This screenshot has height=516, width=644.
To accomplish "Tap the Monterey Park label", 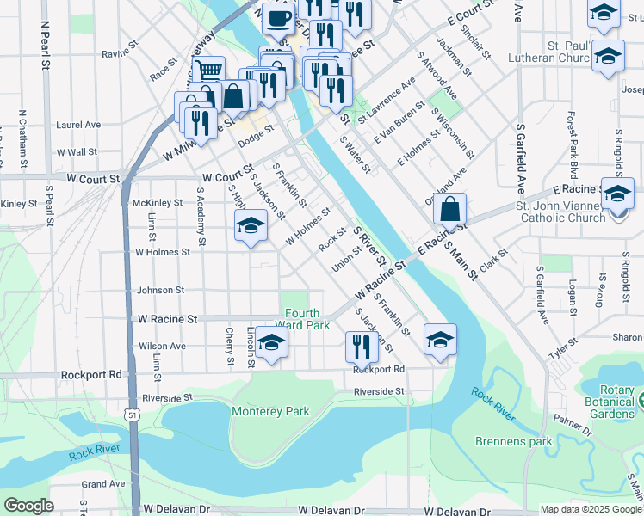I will click(270, 411).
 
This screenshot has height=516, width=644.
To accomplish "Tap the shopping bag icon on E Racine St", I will click(450, 209).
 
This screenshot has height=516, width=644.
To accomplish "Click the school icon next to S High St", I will click(251, 226).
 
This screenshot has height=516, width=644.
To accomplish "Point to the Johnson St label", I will click(161, 291).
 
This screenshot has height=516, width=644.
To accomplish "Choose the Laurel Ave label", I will click(78, 125).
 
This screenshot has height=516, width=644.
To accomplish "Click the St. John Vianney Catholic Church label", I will click(560, 212).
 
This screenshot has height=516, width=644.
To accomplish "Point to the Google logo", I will click(28, 506).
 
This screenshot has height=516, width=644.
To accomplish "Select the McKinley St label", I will click(158, 203).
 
